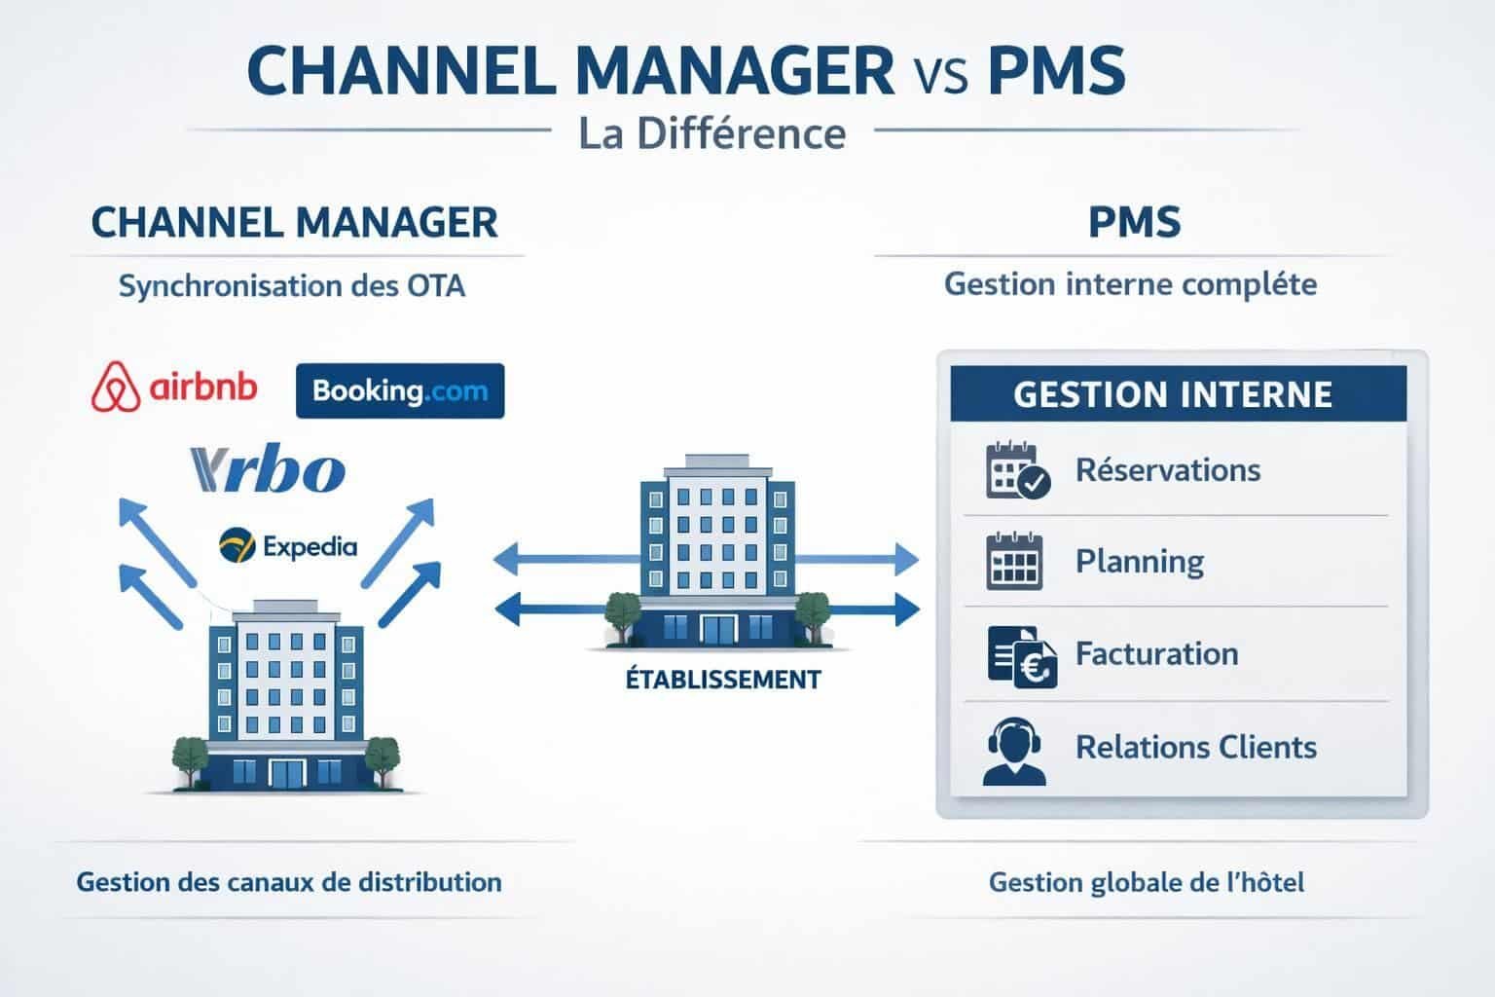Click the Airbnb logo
[174, 388]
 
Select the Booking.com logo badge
[399, 391]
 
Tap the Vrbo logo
[269, 469]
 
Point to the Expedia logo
[288, 546]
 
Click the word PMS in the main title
[1056, 70]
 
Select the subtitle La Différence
[711, 133]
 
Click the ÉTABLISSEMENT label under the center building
[722, 679]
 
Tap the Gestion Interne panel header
[1172, 394]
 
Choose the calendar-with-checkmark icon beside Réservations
[1016, 471]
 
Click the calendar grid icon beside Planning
[1014, 562]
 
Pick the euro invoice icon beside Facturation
[1020, 655]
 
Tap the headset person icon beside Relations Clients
[1014, 750]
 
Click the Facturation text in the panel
[1156, 653]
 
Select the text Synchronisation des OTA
[291, 286]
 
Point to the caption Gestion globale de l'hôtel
[1146, 882]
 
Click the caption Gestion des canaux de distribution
[289, 882]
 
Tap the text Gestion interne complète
[1130, 284]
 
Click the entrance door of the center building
[721, 630]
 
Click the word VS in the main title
[941, 76]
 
